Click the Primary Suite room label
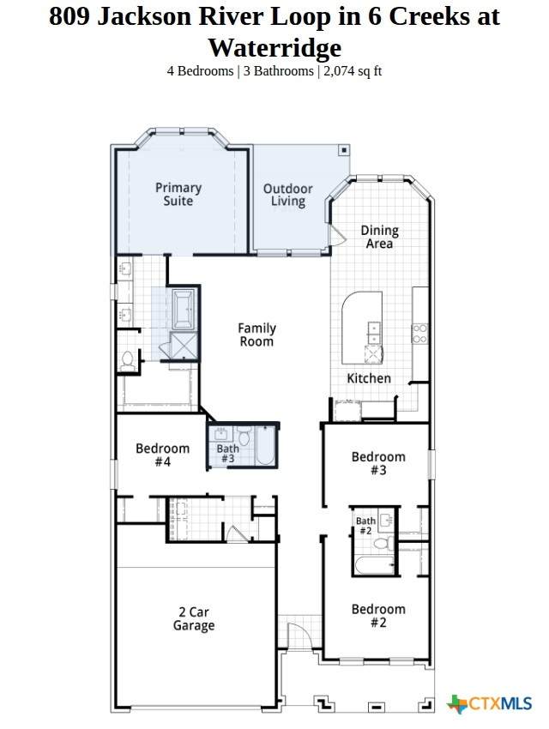[178, 195]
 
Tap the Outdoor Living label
[287, 195]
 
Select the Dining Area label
[379, 237]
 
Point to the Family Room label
[256, 334]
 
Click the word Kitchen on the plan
[369, 378]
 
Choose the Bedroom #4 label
[163, 455]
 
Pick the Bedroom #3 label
[378, 463]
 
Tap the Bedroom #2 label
[378, 616]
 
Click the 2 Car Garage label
[194, 619]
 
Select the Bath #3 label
[228, 454]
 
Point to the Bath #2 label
[365, 526]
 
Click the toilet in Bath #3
[244, 437]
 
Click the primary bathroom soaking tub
[184, 307]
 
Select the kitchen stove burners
[419, 334]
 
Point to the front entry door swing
[296, 636]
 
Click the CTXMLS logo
[489, 703]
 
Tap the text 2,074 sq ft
[353, 71]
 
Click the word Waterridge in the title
[274, 47]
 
